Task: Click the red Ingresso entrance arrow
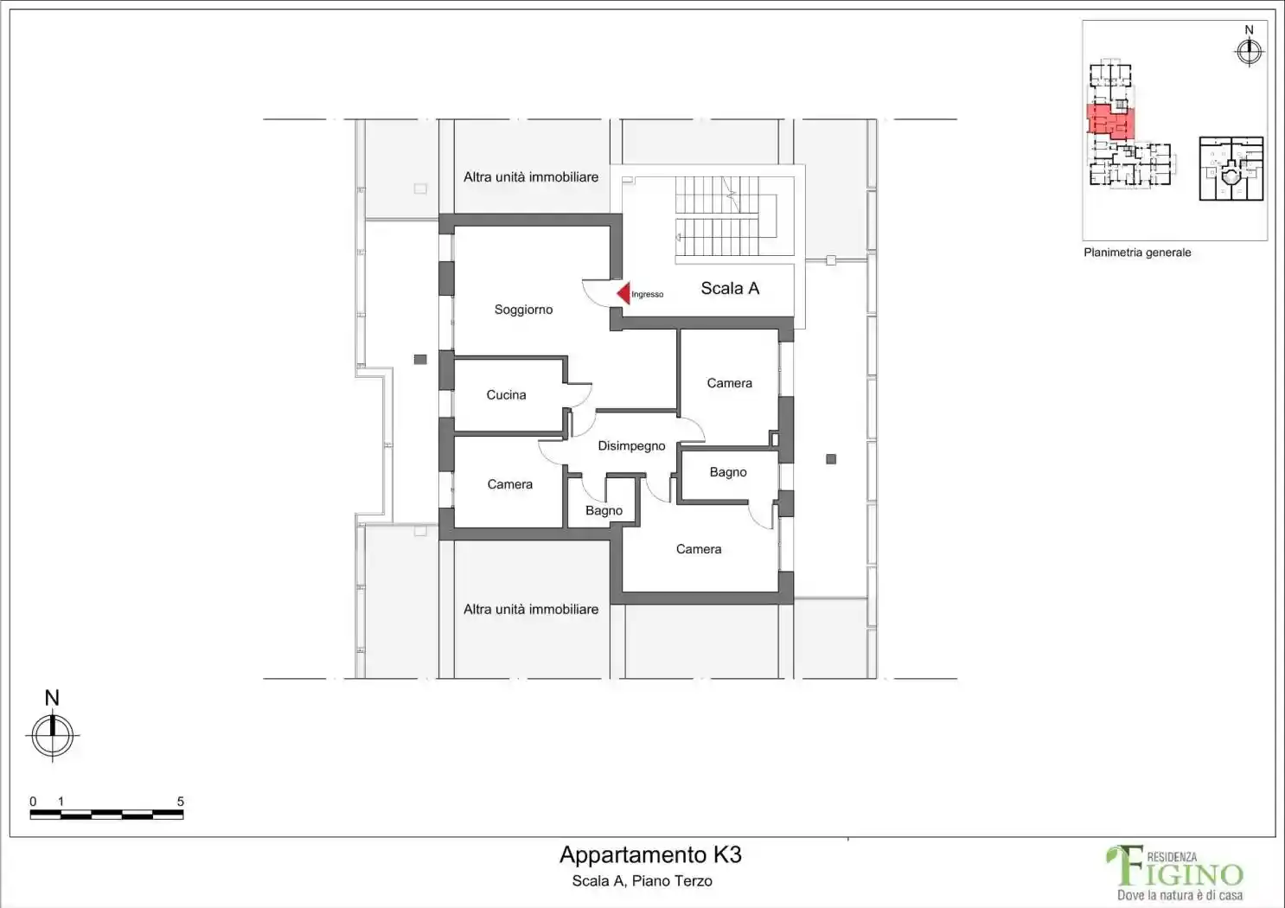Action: (623, 293)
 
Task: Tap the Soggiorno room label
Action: (523, 310)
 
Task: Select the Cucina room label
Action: (506, 394)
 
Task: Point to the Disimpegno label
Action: (631, 445)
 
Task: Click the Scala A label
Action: (730, 288)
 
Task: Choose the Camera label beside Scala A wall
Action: (729, 382)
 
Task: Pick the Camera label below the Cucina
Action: (510, 484)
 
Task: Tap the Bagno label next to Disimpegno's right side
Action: (728, 472)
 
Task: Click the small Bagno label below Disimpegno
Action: (604, 510)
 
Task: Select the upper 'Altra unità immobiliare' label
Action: (531, 177)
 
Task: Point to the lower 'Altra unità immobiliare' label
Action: (531, 609)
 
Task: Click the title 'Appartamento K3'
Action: (650, 854)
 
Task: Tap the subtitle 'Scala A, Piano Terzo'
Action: (642, 881)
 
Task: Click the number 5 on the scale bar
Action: (180, 802)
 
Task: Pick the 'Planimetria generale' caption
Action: (1137, 253)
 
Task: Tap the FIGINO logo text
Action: (1175, 868)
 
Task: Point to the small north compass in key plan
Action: (1249, 52)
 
